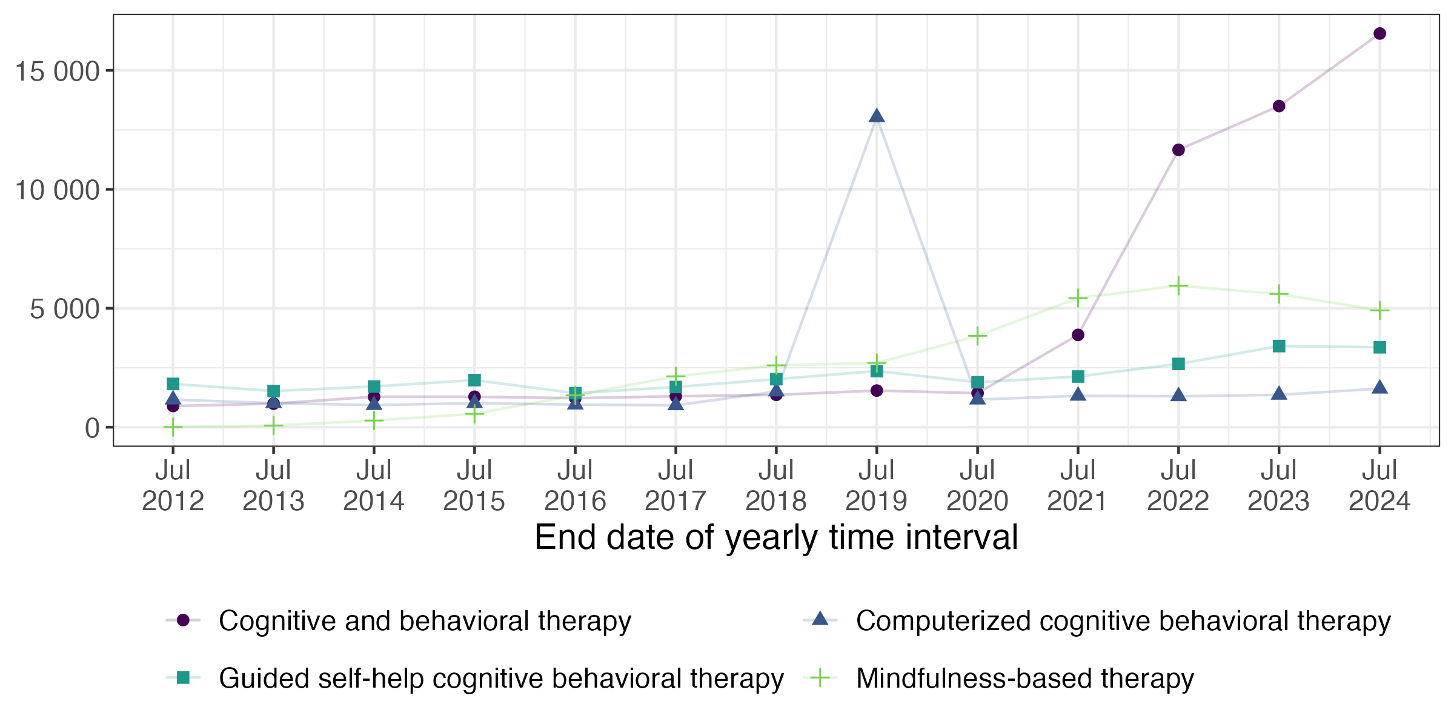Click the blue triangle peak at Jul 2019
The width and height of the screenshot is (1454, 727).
coord(877,116)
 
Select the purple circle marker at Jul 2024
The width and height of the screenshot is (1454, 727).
coord(1379,33)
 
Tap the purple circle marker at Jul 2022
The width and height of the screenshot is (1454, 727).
coord(1178,150)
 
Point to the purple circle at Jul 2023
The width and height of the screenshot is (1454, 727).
coord(1279,106)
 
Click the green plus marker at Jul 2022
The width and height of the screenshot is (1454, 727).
coord(1178,285)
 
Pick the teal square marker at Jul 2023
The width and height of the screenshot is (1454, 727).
coord(1279,346)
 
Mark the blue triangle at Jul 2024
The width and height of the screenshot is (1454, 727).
coord(1379,388)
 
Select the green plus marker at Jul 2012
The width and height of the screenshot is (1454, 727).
coord(173,427)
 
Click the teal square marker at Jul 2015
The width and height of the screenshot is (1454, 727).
coord(474,380)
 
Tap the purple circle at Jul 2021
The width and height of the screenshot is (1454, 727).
coord(1078,335)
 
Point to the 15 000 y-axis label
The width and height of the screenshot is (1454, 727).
coord(57,71)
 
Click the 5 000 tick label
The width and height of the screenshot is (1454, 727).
coord(64,309)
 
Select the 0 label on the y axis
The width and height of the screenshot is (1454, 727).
coord(92,428)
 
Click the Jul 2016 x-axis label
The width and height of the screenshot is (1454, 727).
coord(575,486)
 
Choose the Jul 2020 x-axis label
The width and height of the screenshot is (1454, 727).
coord(977,486)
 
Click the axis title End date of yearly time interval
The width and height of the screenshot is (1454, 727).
coord(776,537)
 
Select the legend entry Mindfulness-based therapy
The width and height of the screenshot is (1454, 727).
coord(1024,678)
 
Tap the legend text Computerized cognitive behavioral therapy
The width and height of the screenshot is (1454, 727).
coord(1123,621)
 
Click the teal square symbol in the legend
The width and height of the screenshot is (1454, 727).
coord(183,678)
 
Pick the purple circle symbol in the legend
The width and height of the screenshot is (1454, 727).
coord(183,620)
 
